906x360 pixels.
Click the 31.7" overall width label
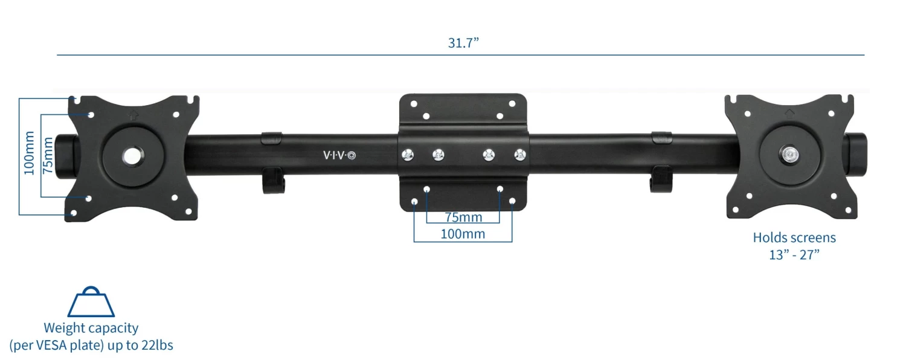[x=463, y=43]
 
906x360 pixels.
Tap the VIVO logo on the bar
[x=339, y=155]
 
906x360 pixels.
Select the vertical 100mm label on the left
[x=28, y=155]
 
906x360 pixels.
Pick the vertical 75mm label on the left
[x=48, y=155]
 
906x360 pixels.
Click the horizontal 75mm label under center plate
[x=463, y=217]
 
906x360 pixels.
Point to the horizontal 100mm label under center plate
[x=463, y=234]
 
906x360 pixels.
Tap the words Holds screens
[x=794, y=238]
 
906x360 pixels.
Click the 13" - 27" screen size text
[x=794, y=254]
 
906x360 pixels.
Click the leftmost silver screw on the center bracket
[x=408, y=155]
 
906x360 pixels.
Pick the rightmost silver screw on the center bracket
[x=519, y=155]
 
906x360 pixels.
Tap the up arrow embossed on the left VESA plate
[x=134, y=112]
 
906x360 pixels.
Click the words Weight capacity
[x=91, y=329]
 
